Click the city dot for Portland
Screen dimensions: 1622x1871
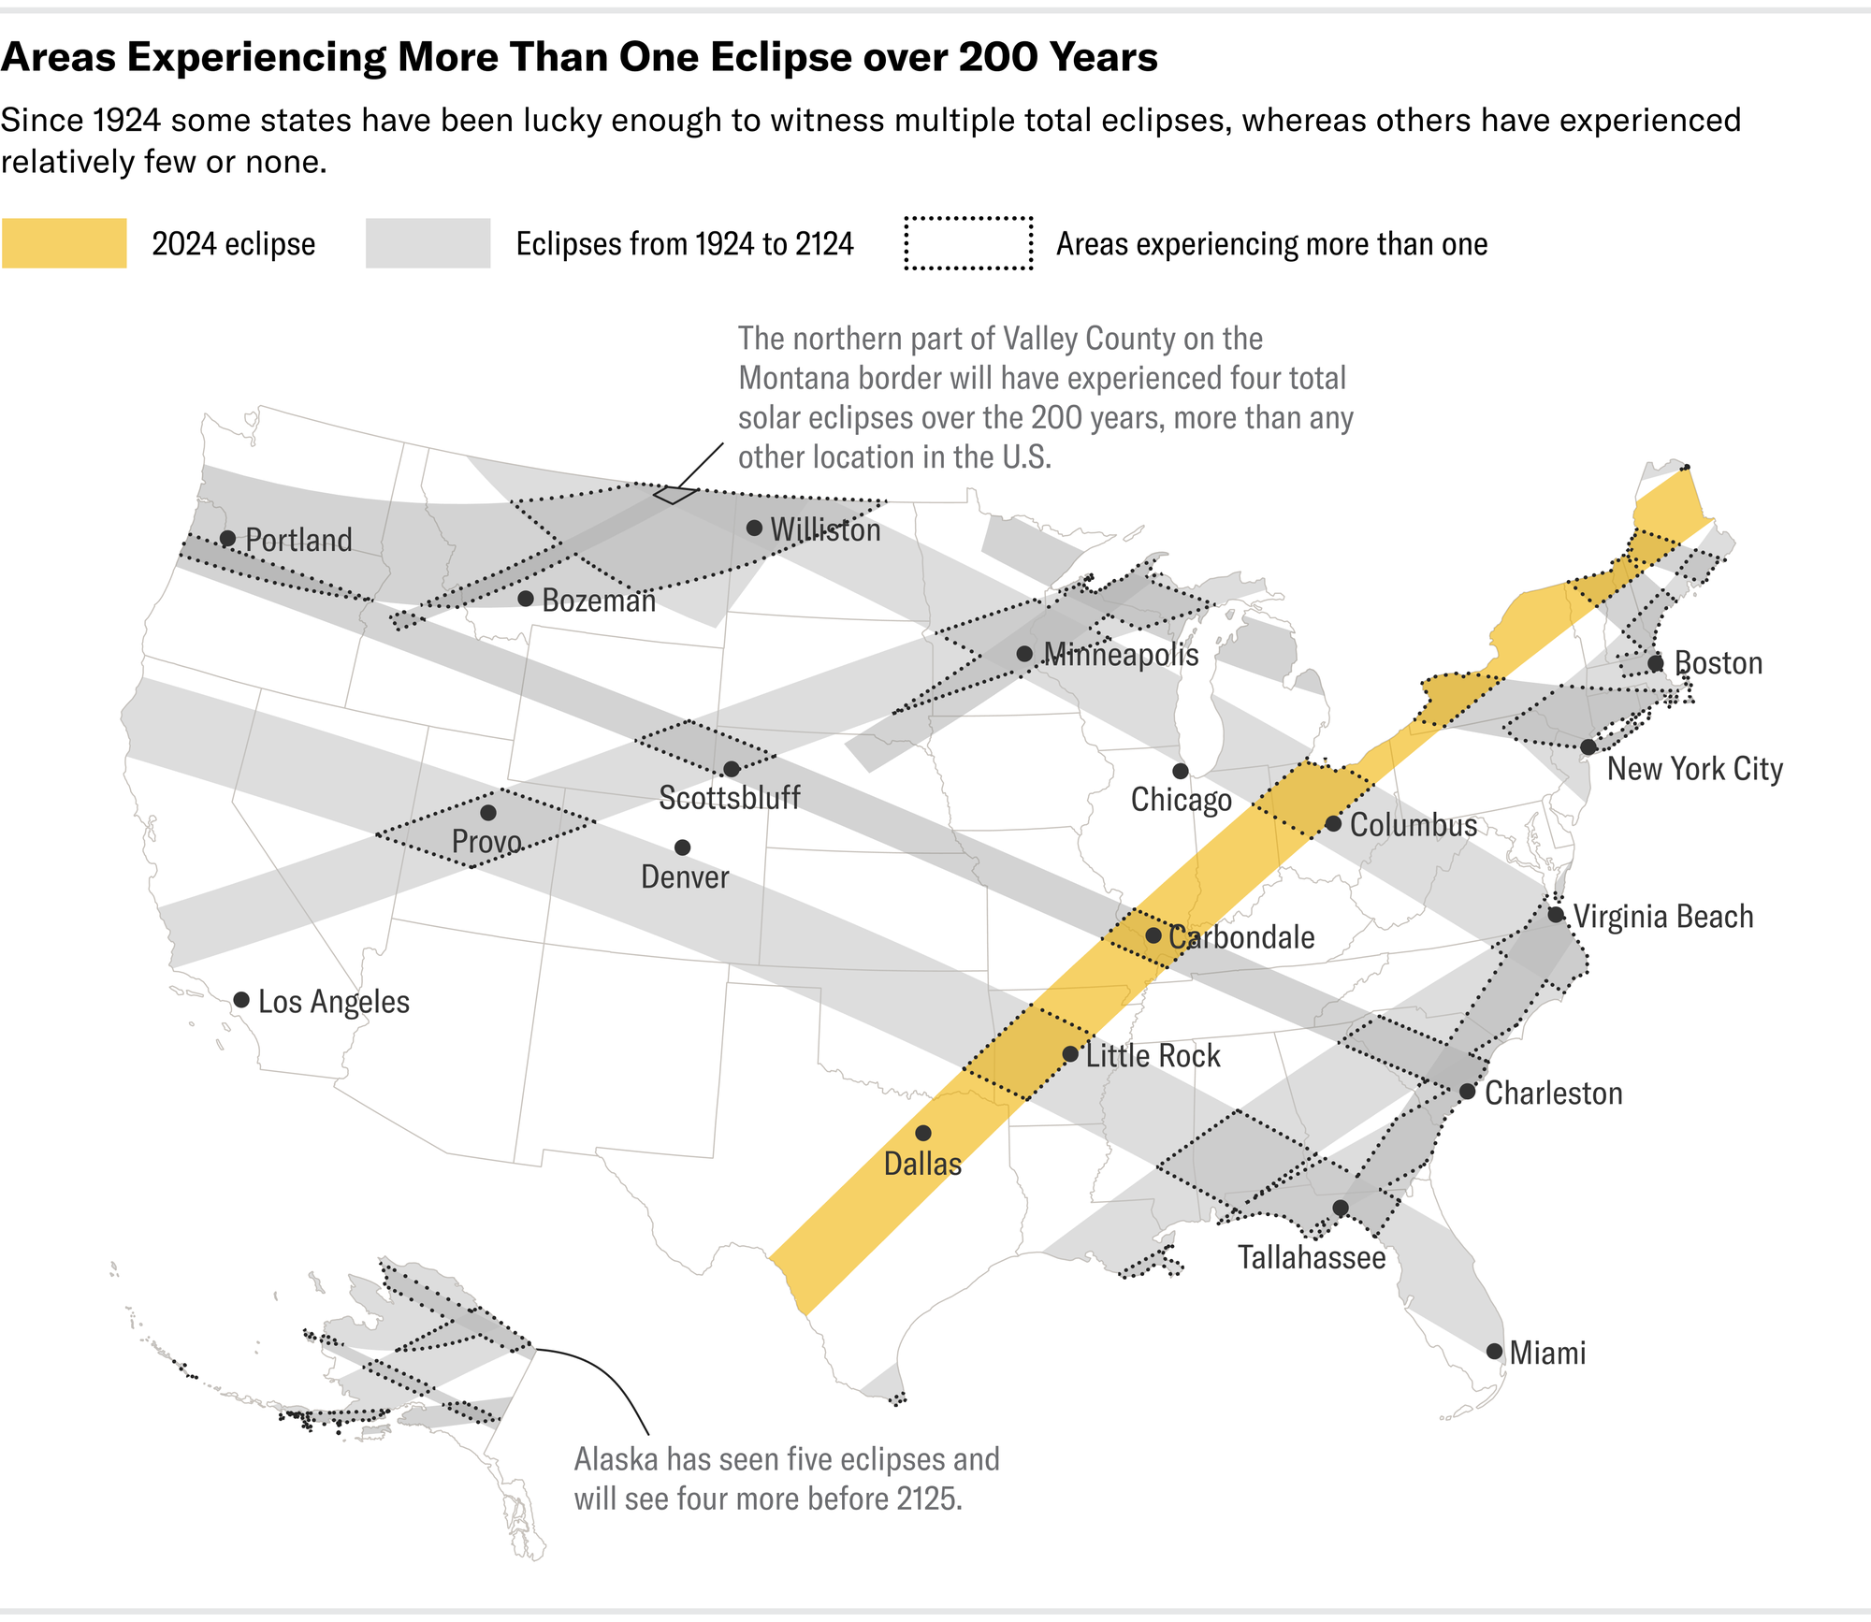(227, 538)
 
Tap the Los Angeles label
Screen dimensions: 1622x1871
(333, 1002)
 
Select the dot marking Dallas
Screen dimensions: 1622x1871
(923, 1133)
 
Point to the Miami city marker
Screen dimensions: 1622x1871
(1494, 1351)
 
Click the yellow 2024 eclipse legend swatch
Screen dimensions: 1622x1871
(64, 243)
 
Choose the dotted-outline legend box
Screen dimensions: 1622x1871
(968, 243)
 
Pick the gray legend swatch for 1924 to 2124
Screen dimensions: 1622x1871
(428, 243)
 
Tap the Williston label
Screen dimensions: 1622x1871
(825, 530)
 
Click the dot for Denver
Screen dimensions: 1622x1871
(683, 847)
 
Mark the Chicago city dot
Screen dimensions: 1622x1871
(1181, 771)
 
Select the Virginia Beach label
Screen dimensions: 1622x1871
(1663, 917)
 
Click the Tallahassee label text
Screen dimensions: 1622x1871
(1312, 1257)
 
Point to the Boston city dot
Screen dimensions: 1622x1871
(1656, 663)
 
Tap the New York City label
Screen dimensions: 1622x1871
(1694, 769)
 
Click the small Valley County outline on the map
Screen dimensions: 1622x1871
(674, 494)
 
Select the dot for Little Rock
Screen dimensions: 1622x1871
(1070, 1054)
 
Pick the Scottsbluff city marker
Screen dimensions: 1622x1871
(732, 769)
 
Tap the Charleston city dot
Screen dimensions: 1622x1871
(1468, 1092)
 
